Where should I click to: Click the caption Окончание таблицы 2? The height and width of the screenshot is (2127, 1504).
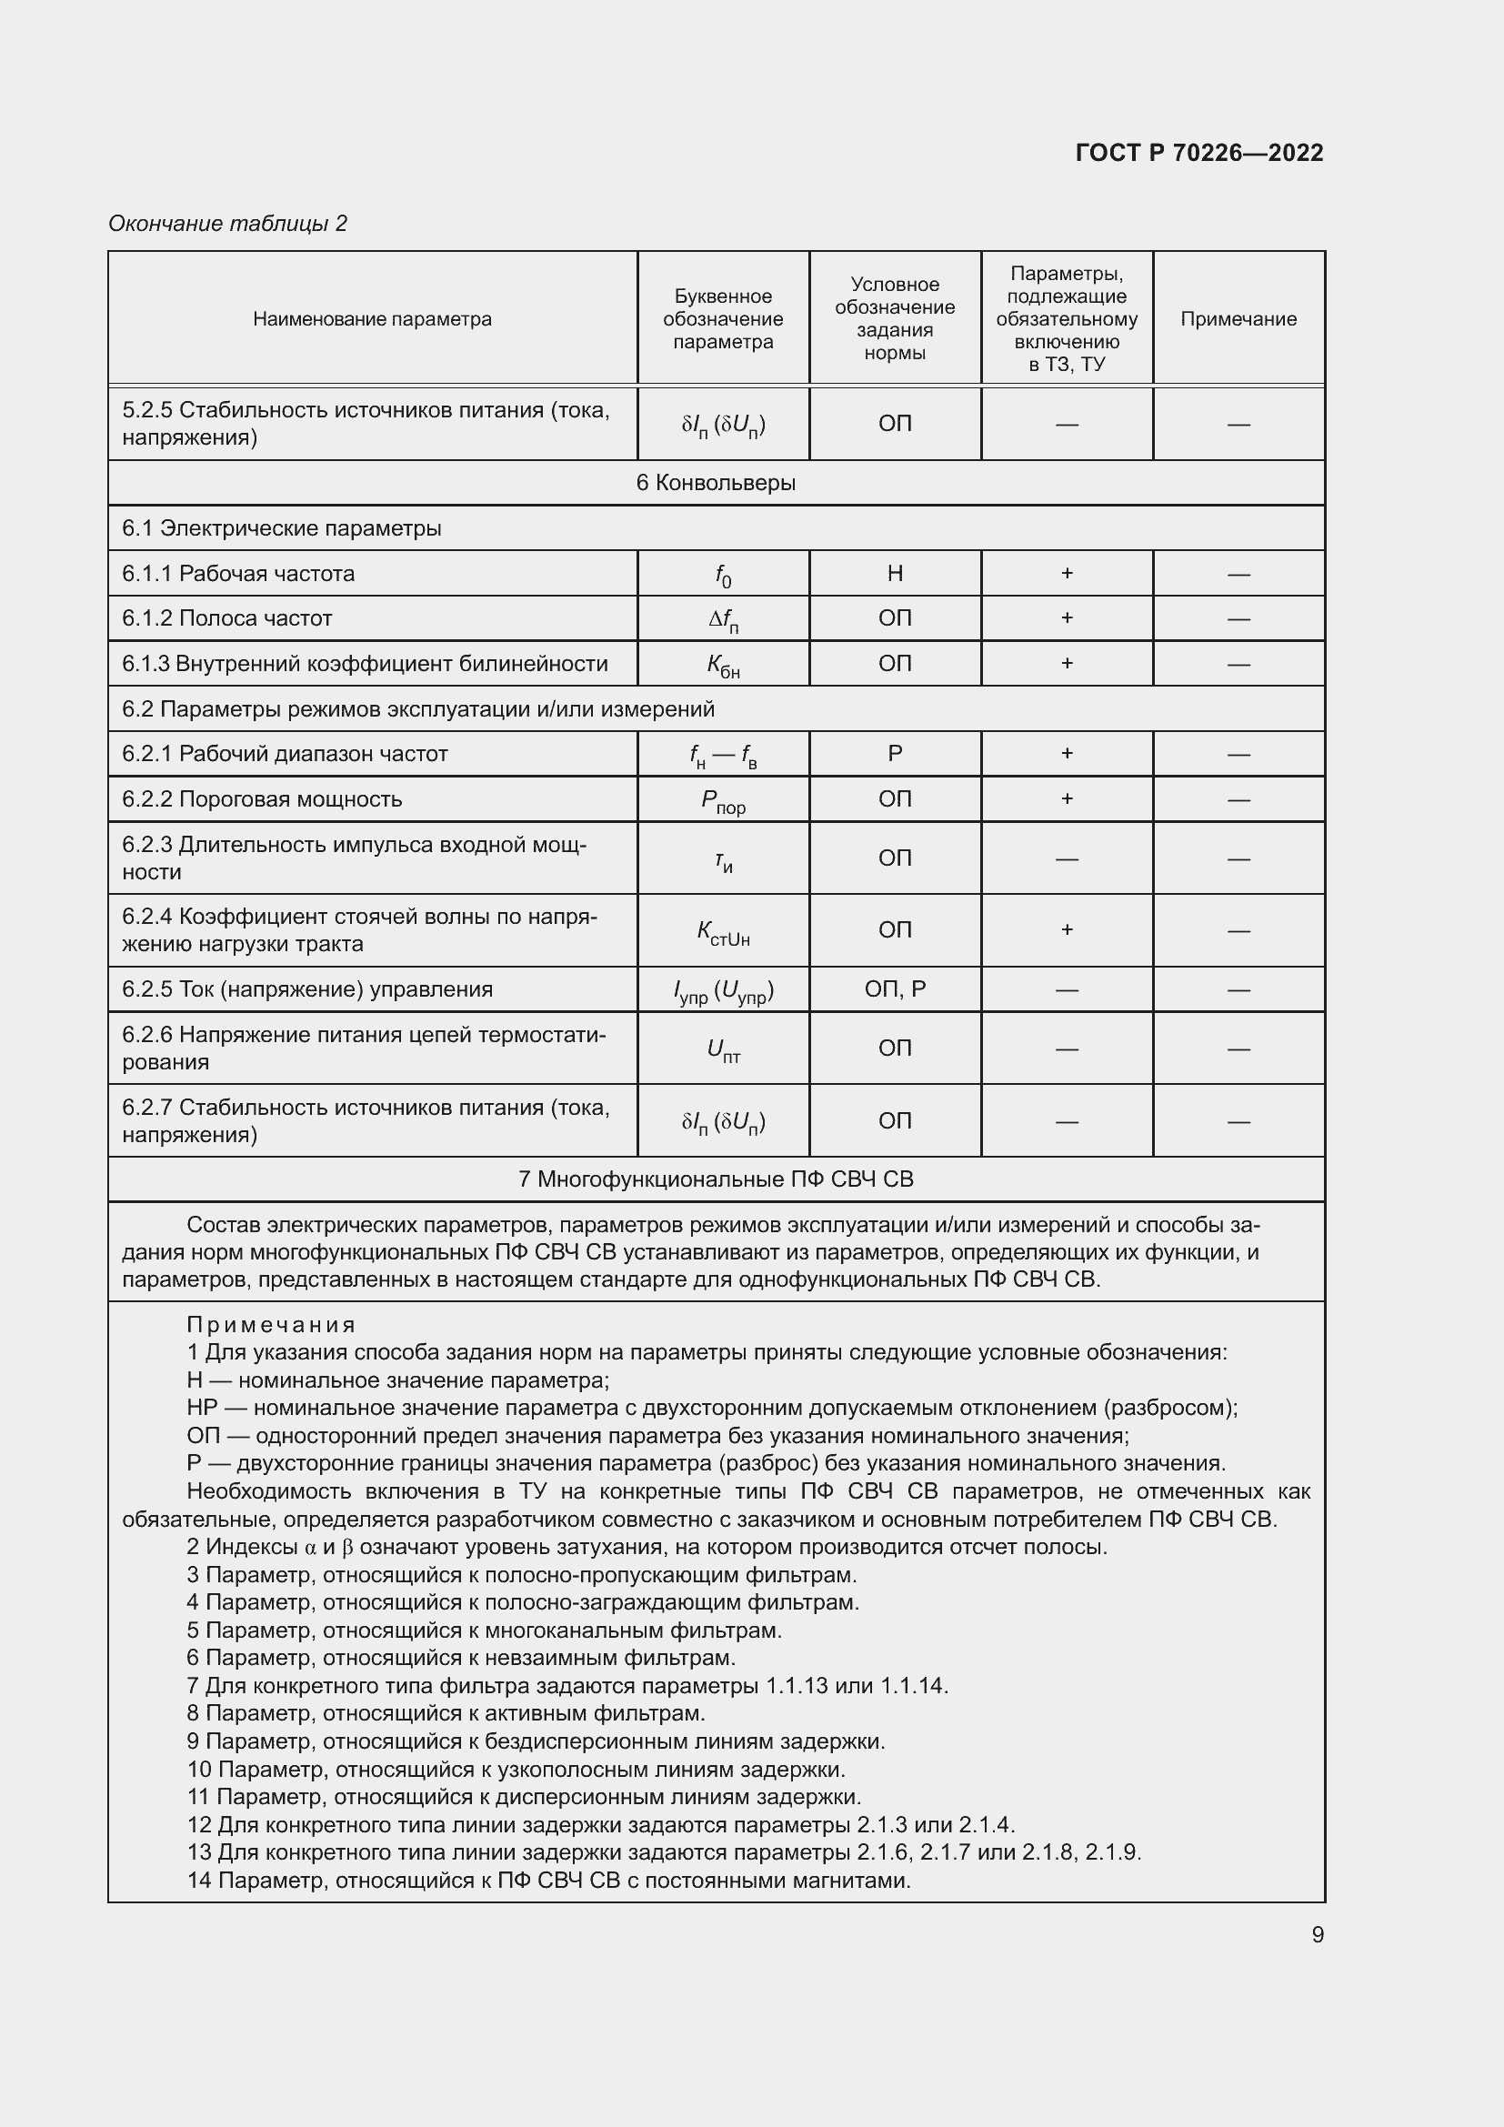228,224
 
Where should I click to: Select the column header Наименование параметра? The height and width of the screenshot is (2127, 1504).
372,318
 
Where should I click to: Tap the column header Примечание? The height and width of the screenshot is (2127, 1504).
1238,318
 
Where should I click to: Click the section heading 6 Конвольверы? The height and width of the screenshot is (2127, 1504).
716,483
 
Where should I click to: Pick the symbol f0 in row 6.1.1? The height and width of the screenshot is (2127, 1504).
723,576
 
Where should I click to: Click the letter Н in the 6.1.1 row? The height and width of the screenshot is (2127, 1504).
895,574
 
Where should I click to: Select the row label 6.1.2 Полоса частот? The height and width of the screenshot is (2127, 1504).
227,617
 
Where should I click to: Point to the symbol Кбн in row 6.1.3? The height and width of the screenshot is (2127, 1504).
723,665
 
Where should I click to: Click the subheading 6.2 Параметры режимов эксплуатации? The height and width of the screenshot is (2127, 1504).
418,708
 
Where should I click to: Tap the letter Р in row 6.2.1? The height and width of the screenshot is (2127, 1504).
895,753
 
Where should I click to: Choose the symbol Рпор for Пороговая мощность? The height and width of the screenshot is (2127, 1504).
723,800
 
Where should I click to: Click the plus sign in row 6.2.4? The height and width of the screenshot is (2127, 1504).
1067,929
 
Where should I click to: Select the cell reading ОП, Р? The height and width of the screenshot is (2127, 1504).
895,988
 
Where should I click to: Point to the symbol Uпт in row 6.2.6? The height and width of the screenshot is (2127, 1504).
723,1049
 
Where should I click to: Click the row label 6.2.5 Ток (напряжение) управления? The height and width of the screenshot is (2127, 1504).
307,988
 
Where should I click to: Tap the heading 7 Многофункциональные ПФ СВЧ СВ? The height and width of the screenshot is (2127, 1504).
716,1179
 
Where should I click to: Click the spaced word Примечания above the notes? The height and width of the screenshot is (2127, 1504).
271,1325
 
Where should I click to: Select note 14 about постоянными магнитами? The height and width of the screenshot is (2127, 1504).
548,1880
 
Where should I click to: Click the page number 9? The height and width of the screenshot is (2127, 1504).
1317,1934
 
